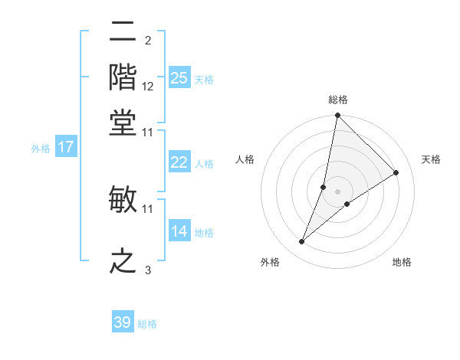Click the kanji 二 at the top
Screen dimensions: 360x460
[123, 33]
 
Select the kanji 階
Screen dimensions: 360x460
[123, 77]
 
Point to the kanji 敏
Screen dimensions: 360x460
[123, 199]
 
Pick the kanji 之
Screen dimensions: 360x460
[123, 260]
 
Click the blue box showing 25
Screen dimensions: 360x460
[179, 77]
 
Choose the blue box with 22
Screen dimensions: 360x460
[179, 162]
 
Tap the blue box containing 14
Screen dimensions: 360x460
[179, 231]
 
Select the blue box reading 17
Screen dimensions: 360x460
[66, 147]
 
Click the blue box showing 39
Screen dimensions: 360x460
[123, 322]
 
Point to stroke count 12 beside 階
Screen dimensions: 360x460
[148, 87]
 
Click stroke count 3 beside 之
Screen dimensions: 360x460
[148, 270]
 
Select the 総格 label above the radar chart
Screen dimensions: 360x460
[338, 100]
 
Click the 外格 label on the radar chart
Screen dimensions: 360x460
[269, 263]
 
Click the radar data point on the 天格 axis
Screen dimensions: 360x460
[396, 173]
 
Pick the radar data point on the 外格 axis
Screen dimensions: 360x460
[302, 242]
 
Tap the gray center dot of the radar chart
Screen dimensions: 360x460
[338, 191]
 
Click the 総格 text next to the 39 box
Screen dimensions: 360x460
[147, 324]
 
